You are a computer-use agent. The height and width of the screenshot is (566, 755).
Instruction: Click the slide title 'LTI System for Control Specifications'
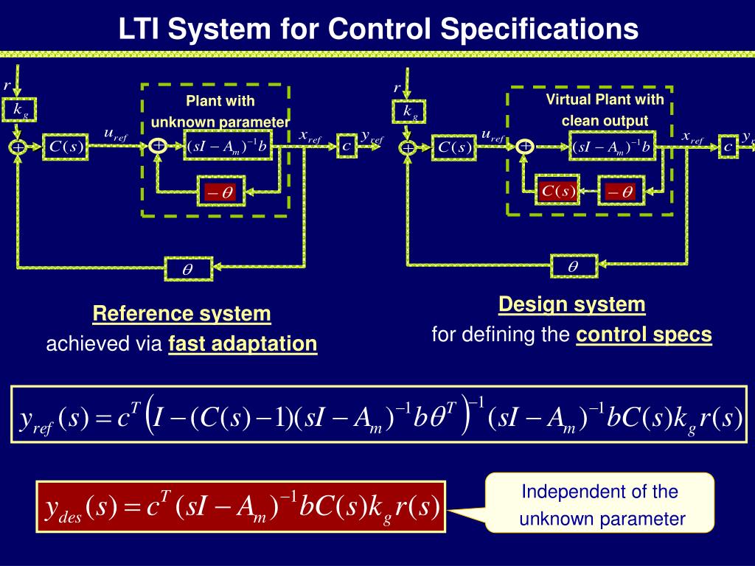coord(378,29)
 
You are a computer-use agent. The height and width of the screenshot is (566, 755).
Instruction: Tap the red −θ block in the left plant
coord(219,192)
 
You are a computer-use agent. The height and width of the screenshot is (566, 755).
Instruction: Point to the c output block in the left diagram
coord(347,146)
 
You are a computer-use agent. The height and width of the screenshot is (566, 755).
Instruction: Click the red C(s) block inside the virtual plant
coord(557,191)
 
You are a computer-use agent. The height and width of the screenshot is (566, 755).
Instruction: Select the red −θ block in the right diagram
coord(620,192)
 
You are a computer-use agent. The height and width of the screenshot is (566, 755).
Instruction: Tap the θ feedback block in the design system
coord(573,266)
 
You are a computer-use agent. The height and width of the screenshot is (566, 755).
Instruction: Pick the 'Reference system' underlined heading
coord(181,314)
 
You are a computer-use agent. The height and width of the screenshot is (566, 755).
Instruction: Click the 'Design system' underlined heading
coord(571,304)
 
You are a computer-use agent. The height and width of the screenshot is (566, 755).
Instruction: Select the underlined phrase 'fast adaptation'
coord(243,343)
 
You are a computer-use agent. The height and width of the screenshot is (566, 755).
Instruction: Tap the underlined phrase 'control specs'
coord(644,335)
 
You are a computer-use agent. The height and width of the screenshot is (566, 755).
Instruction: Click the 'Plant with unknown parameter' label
coord(220,111)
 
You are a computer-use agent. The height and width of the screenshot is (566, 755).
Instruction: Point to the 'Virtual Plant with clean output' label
coord(605,110)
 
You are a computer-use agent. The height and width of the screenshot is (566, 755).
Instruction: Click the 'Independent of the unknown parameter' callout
coord(599,505)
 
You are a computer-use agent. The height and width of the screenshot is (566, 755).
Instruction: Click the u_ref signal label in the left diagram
coord(115,135)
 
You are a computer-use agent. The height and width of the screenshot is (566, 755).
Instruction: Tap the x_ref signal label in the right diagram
coord(692,138)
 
